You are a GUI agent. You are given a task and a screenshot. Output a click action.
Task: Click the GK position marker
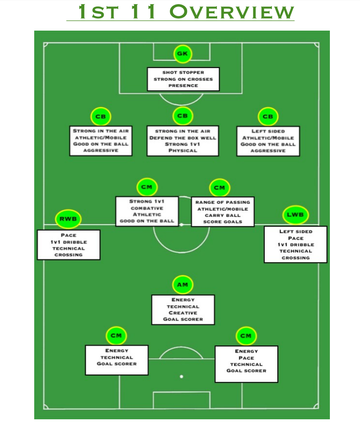point(183,54)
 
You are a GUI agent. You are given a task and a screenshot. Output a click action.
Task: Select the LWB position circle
point(296,214)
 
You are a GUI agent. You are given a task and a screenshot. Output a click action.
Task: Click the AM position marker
point(183,285)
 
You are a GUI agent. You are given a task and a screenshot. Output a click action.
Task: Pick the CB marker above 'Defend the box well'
point(183,116)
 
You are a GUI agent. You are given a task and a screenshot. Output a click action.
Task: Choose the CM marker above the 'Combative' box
point(147,187)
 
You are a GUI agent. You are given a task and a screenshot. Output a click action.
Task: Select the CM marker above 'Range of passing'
point(219,188)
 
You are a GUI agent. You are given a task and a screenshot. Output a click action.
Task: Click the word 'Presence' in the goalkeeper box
point(183,85)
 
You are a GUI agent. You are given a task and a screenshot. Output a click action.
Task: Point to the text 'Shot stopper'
point(183,72)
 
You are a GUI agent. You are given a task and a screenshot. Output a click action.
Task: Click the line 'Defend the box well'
point(183,137)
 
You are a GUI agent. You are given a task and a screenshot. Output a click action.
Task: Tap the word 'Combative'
point(146,208)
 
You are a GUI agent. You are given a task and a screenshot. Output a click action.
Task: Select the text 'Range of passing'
point(223,202)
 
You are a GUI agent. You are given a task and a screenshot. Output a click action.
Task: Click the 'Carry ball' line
point(223,215)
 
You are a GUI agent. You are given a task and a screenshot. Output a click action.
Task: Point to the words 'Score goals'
point(223,222)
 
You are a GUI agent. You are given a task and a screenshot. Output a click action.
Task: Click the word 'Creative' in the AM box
point(183,313)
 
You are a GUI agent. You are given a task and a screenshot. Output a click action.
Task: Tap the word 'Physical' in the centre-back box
point(183,151)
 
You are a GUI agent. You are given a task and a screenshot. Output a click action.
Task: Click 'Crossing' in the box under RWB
point(68,255)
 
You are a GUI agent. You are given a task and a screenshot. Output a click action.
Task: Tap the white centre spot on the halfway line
point(182,225)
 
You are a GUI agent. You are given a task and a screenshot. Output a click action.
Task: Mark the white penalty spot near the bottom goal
point(182,376)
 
